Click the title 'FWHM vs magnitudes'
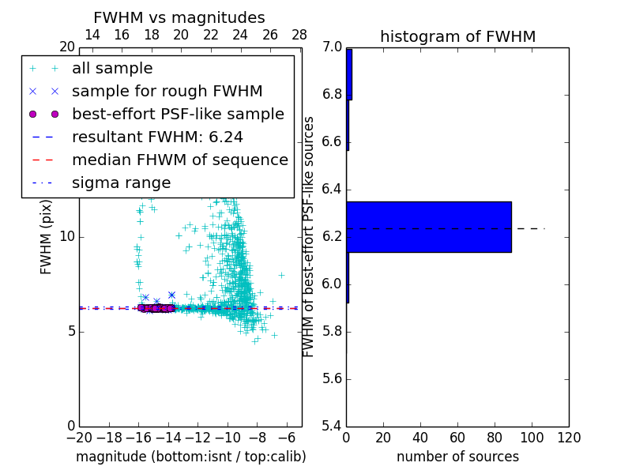point(179,17)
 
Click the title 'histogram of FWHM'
point(457,36)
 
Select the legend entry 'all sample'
point(112,69)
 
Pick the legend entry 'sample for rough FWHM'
point(167,92)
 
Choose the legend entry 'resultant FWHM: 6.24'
point(157,137)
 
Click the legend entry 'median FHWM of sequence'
point(179,160)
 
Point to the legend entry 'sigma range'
point(121,182)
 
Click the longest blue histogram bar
point(429,227)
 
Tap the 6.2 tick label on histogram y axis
point(332,237)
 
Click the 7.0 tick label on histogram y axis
point(332,47)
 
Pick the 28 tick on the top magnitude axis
point(299,35)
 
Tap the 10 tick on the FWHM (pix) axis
point(68,237)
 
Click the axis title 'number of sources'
point(457,457)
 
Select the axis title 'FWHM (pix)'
point(47,238)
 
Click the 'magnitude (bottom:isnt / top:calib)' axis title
point(190,457)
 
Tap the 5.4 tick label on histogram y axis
point(332,426)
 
